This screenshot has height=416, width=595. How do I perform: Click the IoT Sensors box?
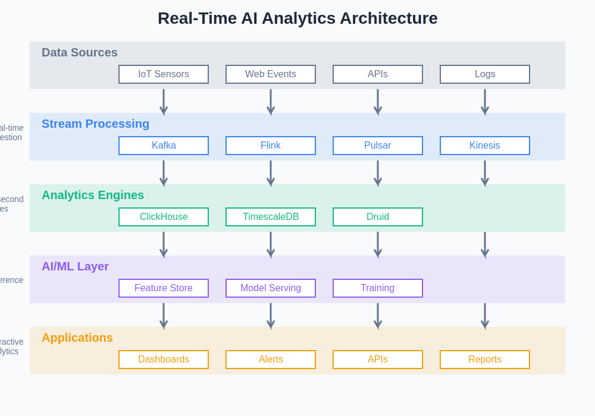164,74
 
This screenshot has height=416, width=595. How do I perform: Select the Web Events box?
271,74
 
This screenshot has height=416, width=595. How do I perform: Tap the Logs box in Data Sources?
485,74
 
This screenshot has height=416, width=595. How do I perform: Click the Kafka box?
164,146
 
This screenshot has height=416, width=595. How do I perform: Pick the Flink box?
271,146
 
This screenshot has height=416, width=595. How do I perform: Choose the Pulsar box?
378,146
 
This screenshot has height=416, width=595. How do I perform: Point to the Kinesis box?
485,146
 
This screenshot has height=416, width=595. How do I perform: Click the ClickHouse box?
164,217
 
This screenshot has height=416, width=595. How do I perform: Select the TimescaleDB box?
271,217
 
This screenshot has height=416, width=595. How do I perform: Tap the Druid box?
378,217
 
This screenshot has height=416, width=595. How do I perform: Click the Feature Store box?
164,288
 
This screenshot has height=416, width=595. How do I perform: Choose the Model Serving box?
271,288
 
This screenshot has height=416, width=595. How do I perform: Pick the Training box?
378,288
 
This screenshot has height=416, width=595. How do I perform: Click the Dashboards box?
164,360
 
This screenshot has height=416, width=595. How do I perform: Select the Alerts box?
271,360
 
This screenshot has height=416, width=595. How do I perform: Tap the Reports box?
485,360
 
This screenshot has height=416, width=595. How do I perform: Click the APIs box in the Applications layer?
378,360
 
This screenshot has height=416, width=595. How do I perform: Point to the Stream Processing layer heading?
95,124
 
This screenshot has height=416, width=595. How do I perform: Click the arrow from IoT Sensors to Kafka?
164,101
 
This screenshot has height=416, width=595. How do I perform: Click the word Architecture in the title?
389,18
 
